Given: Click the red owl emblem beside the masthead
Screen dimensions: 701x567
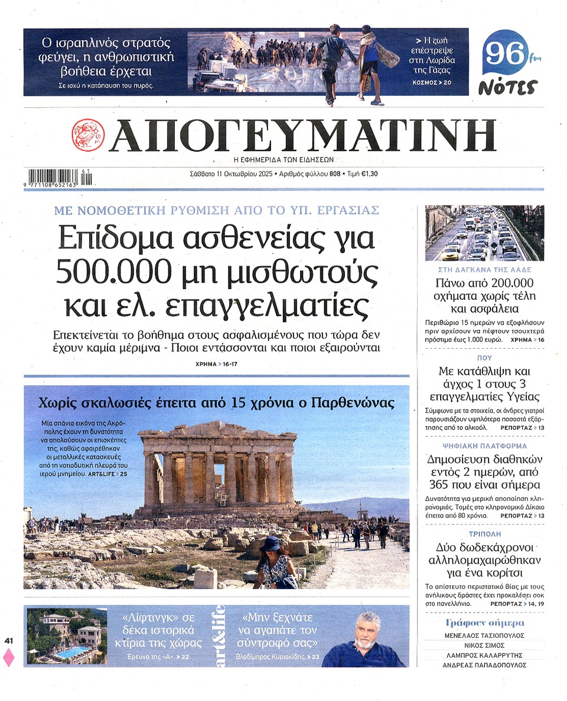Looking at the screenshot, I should pos(88,136).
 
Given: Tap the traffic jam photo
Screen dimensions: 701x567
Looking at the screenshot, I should pos(484,233).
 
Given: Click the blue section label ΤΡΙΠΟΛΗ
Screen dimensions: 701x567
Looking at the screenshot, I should pos(484,530).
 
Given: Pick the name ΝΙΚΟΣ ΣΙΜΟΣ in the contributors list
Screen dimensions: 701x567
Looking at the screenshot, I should pos(484,646).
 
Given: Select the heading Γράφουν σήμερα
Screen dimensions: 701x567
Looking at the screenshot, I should pos(484,623).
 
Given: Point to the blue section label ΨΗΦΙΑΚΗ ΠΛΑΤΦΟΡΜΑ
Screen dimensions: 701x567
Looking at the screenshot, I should pos(484,446).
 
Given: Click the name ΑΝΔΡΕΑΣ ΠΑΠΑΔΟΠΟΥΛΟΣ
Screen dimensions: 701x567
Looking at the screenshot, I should pos(484,666).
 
